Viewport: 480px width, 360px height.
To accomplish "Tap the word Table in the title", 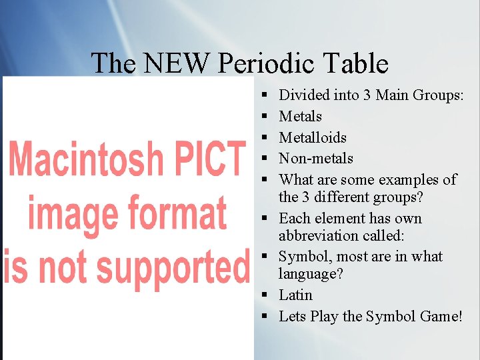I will [356, 63].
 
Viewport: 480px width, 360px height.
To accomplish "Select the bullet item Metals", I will [300, 117].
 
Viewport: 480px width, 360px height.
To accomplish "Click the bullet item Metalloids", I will [313, 137].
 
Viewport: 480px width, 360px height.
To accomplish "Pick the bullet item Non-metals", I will [315, 159].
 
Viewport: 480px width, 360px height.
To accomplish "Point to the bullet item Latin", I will [295, 295].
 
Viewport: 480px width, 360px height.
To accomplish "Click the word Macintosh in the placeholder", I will [85, 161].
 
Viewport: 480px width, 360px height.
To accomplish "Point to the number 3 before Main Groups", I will [367, 95].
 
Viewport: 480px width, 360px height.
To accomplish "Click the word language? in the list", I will [311, 274].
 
